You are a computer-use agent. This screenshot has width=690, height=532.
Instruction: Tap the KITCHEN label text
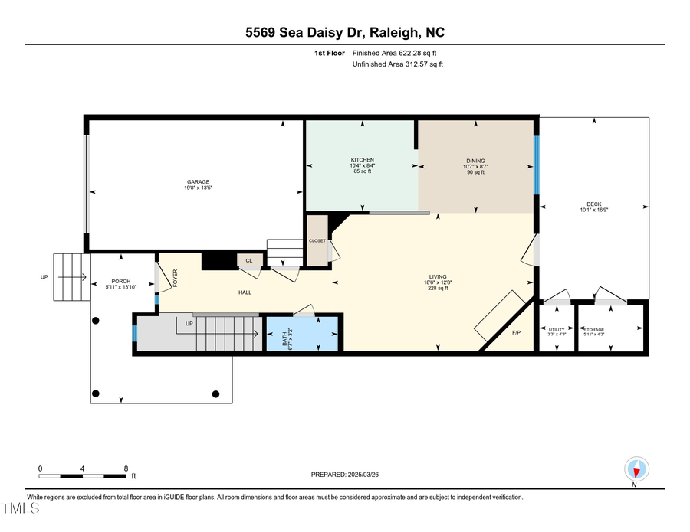[x=362, y=160]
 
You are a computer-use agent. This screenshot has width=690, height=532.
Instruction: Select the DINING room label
[x=475, y=161]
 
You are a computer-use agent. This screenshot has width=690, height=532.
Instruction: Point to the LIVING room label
[x=438, y=277]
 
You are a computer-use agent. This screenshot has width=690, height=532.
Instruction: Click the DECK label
[x=593, y=204]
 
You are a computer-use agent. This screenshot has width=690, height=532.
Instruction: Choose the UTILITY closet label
[x=557, y=329]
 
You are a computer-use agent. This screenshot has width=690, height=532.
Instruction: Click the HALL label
[x=245, y=292]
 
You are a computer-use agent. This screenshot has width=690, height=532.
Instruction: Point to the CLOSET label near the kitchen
[x=317, y=240]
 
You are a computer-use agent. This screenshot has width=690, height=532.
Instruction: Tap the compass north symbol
[x=637, y=468]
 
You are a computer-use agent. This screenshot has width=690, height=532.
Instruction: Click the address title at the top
[x=344, y=32]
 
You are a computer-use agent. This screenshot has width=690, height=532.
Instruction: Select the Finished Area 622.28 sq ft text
[x=398, y=53]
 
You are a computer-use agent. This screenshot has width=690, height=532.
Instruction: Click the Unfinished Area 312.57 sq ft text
[x=398, y=64]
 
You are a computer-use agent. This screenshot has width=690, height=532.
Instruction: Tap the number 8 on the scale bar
[x=126, y=468]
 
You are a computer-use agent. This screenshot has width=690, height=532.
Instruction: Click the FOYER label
[x=175, y=276]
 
